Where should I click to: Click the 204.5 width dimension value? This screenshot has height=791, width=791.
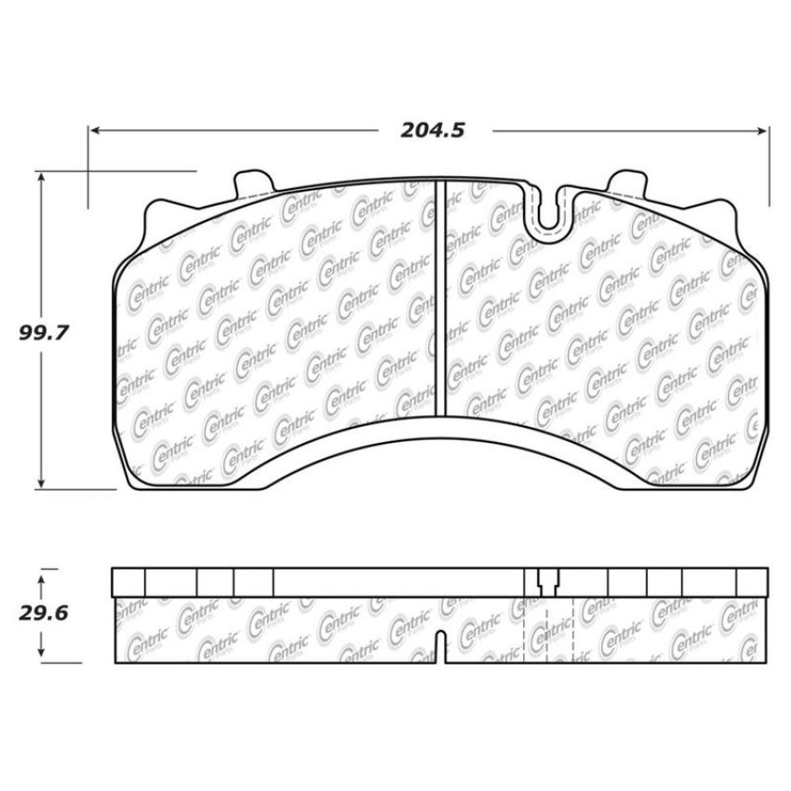click(x=433, y=130)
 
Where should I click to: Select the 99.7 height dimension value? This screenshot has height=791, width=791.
click(x=44, y=333)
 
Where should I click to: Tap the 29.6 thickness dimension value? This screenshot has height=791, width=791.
click(x=44, y=613)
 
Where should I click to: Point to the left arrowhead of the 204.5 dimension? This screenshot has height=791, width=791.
click(x=95, y=130)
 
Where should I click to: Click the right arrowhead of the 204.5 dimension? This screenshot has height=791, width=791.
click(x=762, y=131)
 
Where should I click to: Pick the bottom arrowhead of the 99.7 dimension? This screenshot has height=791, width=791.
click(x=41, y=483)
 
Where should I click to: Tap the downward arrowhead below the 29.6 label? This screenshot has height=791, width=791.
click(x=41, y=651)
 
